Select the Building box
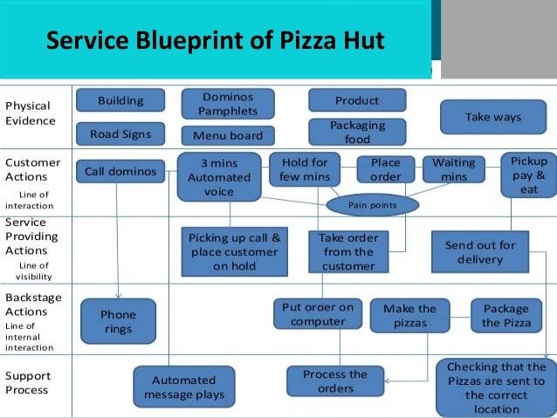click(x=120, y=101)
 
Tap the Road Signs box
click(x=120, y=134)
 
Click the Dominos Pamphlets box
click(x=228, y=104)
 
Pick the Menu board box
click(x=228, y=135)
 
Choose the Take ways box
click(x=492, y=117)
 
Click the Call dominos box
click(x=120, y=172)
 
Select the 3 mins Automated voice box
click(x=219, y=177)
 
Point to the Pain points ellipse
click(x=373, y=205)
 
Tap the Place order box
click(x=385, y=169)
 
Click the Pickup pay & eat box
click(x=529, y=175)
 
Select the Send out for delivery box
click(x=480, y=252)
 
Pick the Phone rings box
click(x=118, y=322)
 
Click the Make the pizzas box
click(x=409, y=315)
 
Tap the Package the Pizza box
click(x=505, y=315)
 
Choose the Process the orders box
click(x=335, y=381)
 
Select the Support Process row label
click(x=29, y=383)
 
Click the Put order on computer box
click(x=317, y=313)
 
